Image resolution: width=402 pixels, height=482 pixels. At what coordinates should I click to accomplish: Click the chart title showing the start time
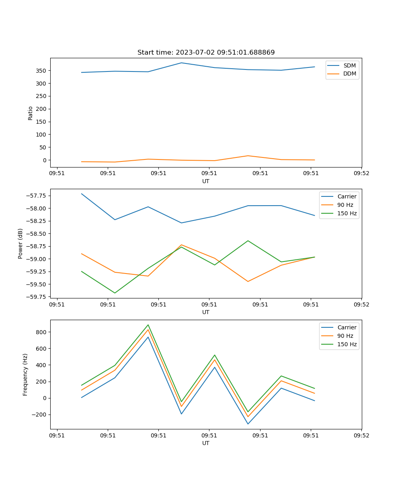206,53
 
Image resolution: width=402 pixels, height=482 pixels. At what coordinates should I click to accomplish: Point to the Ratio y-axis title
31,113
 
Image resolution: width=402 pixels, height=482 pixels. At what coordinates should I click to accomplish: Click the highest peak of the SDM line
181,63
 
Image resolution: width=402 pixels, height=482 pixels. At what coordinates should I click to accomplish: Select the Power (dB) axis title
21,243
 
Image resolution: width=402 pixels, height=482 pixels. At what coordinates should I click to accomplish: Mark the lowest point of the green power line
115,293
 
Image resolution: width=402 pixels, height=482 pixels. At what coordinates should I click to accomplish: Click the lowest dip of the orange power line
248,282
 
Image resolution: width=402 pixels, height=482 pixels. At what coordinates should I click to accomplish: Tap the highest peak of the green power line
248,241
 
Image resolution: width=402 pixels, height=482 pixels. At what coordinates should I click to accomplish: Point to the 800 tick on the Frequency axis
41,332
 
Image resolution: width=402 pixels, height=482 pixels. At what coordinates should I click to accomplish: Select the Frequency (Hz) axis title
25,374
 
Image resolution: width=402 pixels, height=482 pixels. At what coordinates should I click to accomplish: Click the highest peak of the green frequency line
148,325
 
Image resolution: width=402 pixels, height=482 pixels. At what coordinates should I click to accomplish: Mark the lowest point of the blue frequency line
248,424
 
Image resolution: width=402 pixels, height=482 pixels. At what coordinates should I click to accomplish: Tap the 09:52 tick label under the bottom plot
361,435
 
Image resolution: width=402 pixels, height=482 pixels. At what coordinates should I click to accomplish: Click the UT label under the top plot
206,181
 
